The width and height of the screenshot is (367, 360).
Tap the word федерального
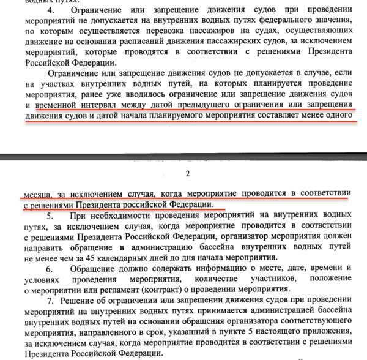pyautogui.click(x=283, y=23)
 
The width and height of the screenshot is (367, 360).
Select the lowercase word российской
pyautogui.click(x=149, y=203)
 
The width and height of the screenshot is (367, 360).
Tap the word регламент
pyautogui.click(x=141, y=290)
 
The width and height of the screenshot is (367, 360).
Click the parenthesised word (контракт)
pyautogui.click(x=186, y=290)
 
